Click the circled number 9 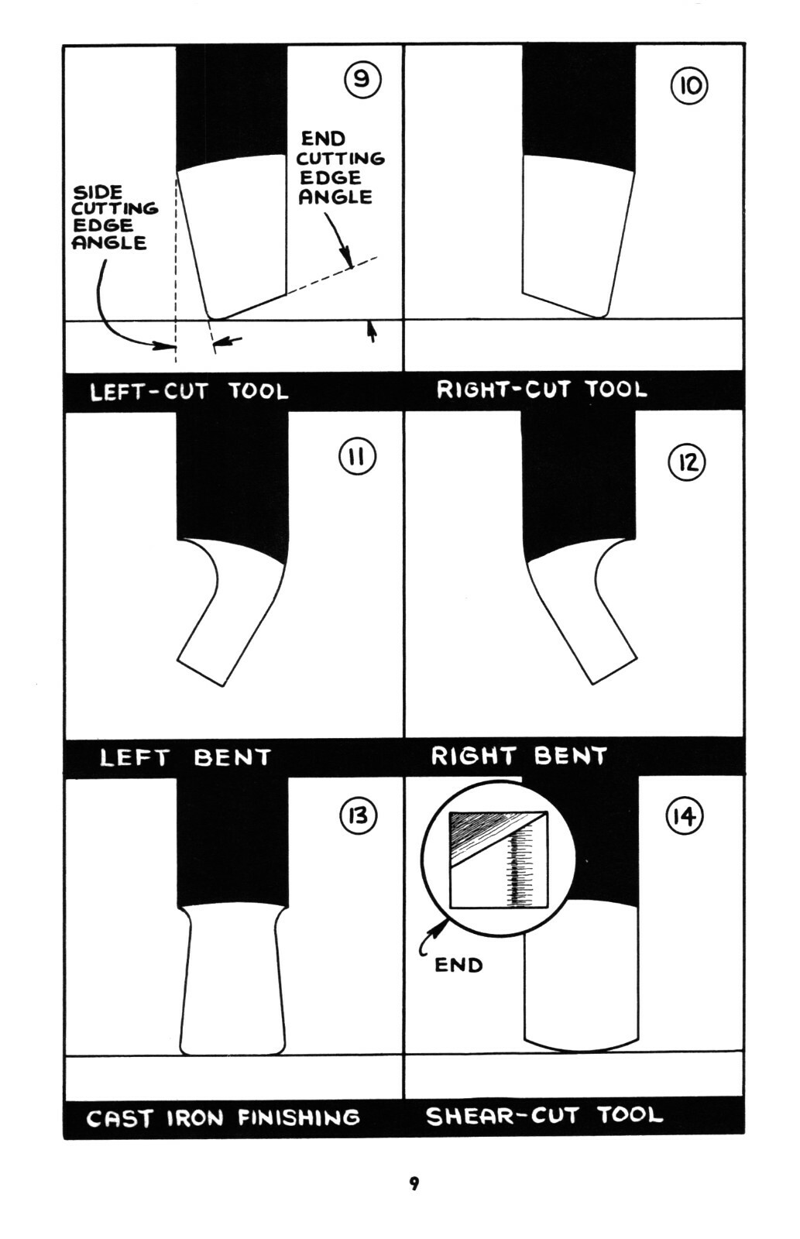click(x=362, y=81)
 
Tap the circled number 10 click(x=689, y=86)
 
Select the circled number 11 click(x=357, y=457)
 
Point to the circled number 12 click(x=687, y=462)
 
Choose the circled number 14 click(x=685, y=816)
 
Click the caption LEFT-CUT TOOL click(x=189, y=392)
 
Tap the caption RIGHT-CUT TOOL click(x=541, y=390)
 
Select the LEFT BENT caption click(x=185, y=757)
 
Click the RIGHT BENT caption click(x=519, y=756)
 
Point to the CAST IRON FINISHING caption click(x=223, y=1118)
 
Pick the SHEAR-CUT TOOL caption click(x=544, y=1115)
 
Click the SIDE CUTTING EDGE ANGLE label click(x=115, y=218)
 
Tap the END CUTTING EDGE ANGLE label click(x=340, y=167)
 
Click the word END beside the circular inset click(x=458, y=965)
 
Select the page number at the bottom click(x=414, y=1183)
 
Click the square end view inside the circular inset click(x=499, y=860)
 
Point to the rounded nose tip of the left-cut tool click(x=214, y=317)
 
